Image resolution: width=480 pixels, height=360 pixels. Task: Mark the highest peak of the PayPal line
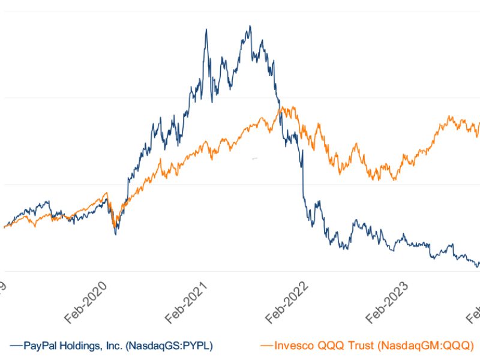[250, 26]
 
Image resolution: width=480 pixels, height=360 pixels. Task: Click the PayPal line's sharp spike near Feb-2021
[206, 29]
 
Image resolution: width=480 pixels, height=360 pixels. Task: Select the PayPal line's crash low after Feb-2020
[116, 233]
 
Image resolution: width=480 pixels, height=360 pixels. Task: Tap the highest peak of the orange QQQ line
[283, 107]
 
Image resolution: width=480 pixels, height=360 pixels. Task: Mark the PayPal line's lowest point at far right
[478, 266]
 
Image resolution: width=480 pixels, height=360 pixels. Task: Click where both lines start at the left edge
[4, 227]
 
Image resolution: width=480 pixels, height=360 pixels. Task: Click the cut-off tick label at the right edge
[474, 312]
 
